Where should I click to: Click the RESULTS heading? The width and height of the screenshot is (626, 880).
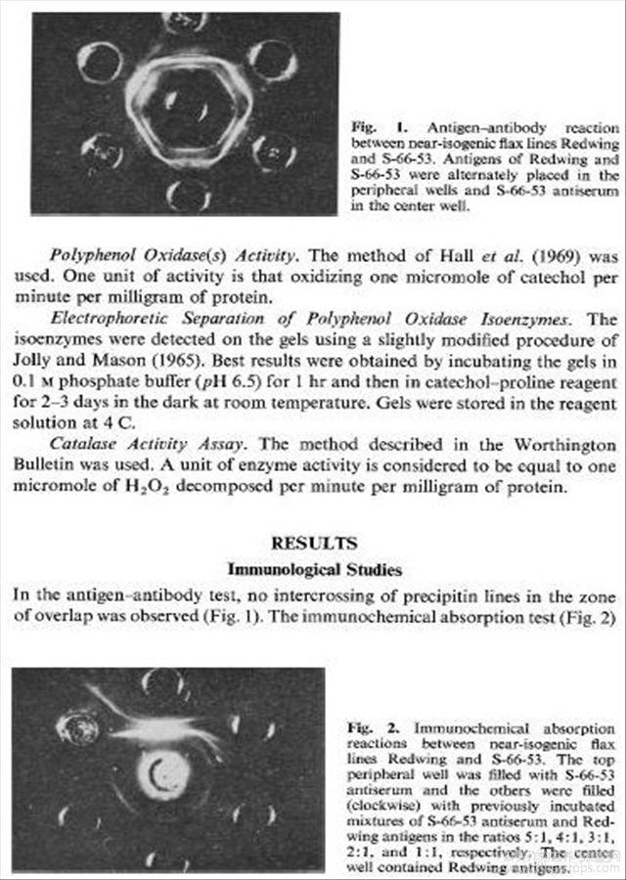tap(314, 543)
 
